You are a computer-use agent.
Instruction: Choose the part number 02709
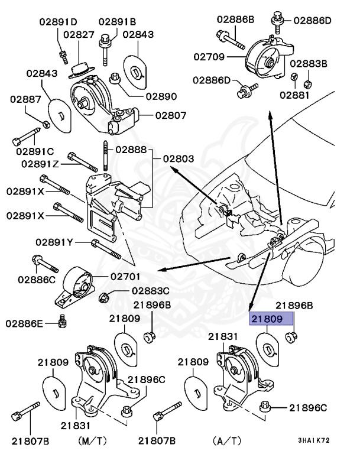209,57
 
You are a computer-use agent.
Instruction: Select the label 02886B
235,20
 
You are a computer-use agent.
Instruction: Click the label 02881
296,94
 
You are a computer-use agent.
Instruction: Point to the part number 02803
179,159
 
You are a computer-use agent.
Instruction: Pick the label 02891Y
54,242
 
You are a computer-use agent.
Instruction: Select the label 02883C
150,291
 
